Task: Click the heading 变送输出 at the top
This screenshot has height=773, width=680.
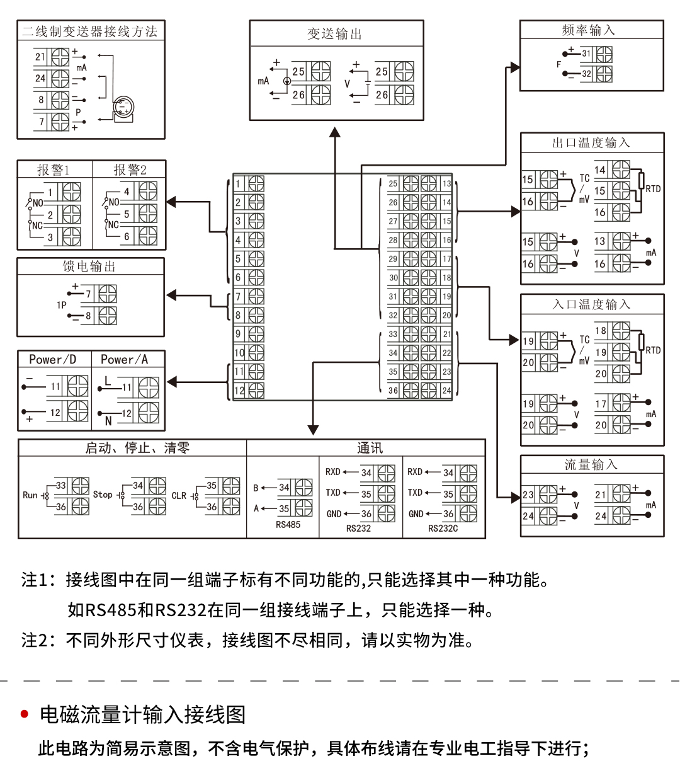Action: click(x=335, y=34)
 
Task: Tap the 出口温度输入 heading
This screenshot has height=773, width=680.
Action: click(x=591, y=143)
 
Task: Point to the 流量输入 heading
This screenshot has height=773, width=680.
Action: click(x=591, y=465)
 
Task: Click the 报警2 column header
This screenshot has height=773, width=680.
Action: click(x=130, y=169)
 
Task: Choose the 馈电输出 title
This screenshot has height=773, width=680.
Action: click(x=89, y=266)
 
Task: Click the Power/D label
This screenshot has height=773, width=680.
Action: click(x=53, y=360)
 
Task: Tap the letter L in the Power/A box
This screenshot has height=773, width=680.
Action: click(x=108, y=381)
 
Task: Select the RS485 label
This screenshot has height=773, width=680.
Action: click(x=288, y=525)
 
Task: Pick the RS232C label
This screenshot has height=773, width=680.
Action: click(x=443, y=529)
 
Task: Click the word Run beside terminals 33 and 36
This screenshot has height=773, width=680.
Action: click(x=30, y=495)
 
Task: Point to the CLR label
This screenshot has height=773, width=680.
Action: click(x=179, y=496)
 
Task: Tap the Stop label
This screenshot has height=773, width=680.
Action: click(x=103, y=495)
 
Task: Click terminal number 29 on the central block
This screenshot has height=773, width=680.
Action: click(x=393, y=259)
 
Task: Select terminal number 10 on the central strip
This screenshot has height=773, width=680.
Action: click(x=239, y=353)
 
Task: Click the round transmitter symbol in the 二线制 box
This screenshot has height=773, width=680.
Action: click(x=123, y=107)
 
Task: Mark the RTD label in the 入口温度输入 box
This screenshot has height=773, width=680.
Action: click(x=653, y=350)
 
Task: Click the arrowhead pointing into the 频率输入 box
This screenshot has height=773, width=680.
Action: click(x=515, y=67)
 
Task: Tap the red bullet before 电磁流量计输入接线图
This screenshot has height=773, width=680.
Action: click(x=25, y=714)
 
